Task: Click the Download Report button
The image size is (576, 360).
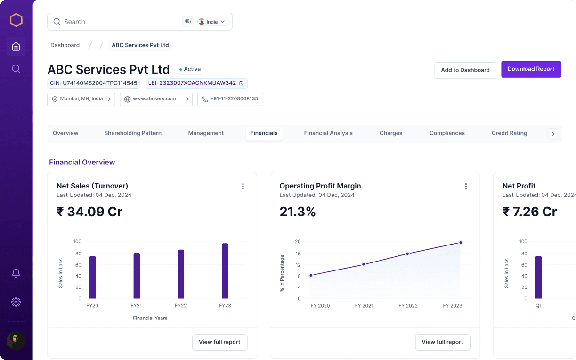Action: (531, 69)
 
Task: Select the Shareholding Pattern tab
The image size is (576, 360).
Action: (133, 133)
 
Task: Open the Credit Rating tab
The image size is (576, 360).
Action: (509, 133)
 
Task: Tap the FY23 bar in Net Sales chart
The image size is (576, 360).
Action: (225, 271)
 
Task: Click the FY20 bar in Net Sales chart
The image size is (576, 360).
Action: (92, 277)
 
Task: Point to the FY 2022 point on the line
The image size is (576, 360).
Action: (407, 254)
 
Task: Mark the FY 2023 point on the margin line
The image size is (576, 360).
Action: (461, 243)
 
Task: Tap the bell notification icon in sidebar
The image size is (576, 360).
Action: (16, 273)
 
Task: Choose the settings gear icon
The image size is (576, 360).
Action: (16, 302)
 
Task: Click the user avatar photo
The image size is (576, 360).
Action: (16, 341)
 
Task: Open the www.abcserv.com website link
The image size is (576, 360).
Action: (156, 99)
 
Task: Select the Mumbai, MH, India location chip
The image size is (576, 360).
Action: (81, 99)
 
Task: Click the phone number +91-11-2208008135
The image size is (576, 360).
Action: (230, 99)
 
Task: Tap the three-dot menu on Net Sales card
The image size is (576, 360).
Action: (243, 187)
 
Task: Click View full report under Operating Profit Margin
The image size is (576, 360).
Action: (442, 342)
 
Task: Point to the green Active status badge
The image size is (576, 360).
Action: (190, 69)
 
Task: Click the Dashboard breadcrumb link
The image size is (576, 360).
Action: (65, 45)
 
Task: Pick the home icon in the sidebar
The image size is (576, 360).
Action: (16, 46)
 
